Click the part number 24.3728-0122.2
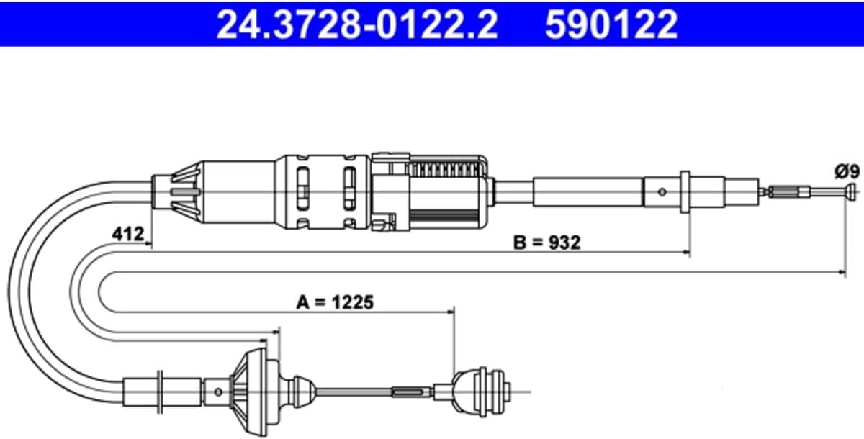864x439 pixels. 357,24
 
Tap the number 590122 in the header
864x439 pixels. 611,24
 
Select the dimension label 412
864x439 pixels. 127,234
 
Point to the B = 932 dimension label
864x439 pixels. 547,243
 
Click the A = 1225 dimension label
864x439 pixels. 335,302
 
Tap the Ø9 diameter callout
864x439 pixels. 847,171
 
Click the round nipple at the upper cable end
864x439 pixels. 851,191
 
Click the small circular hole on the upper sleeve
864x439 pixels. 662,191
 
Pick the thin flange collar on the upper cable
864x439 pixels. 685,191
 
